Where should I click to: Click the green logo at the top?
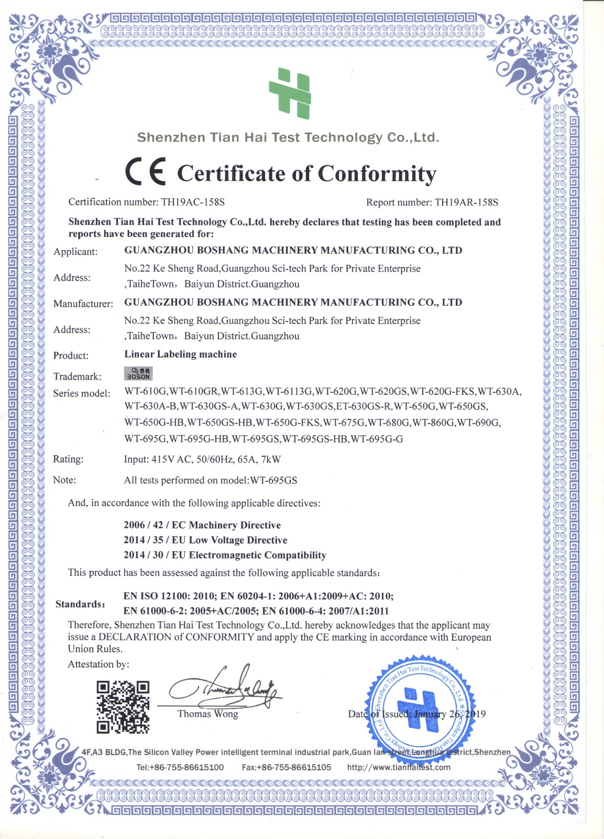click(x=290, y=93)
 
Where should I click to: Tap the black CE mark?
click(x=145, y=171)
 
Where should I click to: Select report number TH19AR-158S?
click(x=466, y=202)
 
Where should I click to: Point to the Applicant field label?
click(x=75, y=252)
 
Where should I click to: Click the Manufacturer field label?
click(x=83, y=304)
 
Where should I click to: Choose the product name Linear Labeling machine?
click(x=180, y=354)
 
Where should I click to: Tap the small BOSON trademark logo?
click(x=138, y=373)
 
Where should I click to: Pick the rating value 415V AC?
click(x=171, y=459)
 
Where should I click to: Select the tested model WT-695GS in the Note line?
click(x=273, y=480)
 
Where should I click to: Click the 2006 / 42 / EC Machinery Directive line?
click(x=202, y=525)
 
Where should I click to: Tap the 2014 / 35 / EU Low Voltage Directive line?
click(x=205, y=540)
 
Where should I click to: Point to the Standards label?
click(x=80, y=604)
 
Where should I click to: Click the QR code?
click(x=123, y=707)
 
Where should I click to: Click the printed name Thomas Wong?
click(x=207, y=714)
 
